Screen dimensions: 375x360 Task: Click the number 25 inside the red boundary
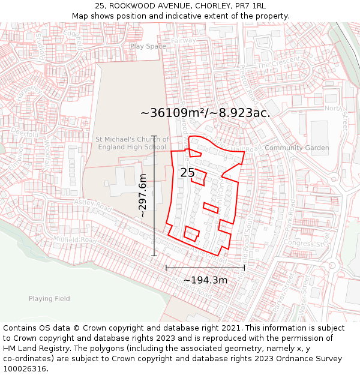click(x=187, y=173)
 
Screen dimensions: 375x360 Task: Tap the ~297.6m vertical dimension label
click(x=143, y=196)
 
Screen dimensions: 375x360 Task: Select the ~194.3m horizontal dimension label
click(x=205, y=280)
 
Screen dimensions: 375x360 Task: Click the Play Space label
click(x=148, y=46)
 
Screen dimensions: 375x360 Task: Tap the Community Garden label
click(x=296, y=148)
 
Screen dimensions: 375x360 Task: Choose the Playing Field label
click(x=49, y=298)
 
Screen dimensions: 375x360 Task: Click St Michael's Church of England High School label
click(x=131, y=143)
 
